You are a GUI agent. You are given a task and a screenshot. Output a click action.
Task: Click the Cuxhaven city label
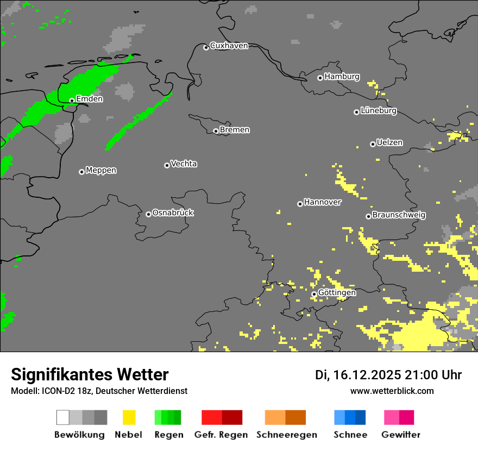[x=229, y=46]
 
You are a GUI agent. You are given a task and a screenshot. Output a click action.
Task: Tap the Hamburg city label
[x=342, y=77]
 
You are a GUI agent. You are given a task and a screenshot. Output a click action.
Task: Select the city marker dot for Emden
[x=72, y=101]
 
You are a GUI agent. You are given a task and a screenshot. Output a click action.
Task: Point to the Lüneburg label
[x=379, y=111]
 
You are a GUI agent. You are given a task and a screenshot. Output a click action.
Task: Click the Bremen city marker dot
[x=216, y=131]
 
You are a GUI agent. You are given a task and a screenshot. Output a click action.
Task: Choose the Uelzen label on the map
[x=389, y=143]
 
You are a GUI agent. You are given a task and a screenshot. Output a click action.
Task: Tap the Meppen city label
[x=101, y=171]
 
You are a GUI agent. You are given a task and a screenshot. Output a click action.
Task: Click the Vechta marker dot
[x=167, y=165]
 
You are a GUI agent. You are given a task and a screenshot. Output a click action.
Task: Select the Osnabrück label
[x=173, y=213]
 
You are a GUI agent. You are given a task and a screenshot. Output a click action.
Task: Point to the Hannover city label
[x=322, y=202]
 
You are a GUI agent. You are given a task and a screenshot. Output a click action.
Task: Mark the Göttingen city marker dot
[x=314, y=294]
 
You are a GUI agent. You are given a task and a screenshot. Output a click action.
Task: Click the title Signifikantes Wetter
[x=90, y=374]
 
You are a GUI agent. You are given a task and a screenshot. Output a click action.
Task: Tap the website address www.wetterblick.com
[x=392, y=391]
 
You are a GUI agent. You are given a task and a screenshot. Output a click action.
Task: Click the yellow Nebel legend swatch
[x=129, y=417]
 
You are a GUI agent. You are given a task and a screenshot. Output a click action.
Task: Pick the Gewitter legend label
[x=400, y=435]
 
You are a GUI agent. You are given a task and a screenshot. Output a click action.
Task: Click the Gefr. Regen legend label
[x=221, y=435]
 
